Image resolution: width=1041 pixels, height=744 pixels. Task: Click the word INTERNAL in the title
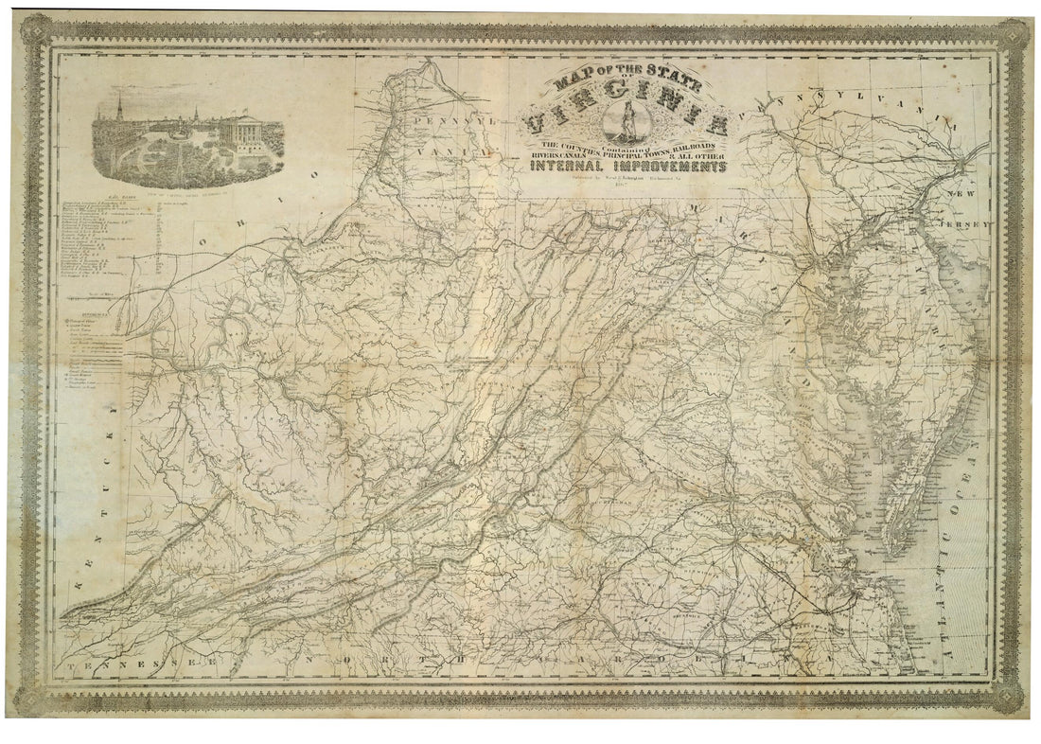coord(564,167)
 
